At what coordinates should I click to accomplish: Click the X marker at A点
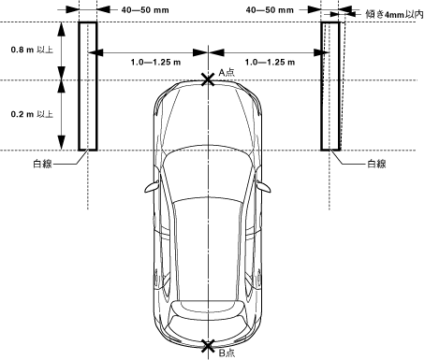pyautogui.click(x=208, y=79)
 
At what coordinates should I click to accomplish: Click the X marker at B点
pyautogui.click(x=208, y=346)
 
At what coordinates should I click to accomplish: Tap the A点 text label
pyautogui.click(x=227, y=72)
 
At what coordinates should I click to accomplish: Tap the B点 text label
pyautogui.click(x=227, y=353)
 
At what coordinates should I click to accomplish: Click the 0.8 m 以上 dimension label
pyautogui.click(x=32, y=50)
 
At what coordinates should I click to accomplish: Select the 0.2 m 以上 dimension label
pyautogui.click(x=32, y=114)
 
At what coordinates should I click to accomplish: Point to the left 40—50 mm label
pyautogui.click(x=145, y=10)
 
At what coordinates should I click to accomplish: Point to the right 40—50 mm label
pyautogui.click(x=270, y=10)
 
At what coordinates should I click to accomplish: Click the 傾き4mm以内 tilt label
pyautogui.click(x=394, y=14)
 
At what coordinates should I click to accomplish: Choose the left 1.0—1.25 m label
pyautogui.click(x=155, y=62)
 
